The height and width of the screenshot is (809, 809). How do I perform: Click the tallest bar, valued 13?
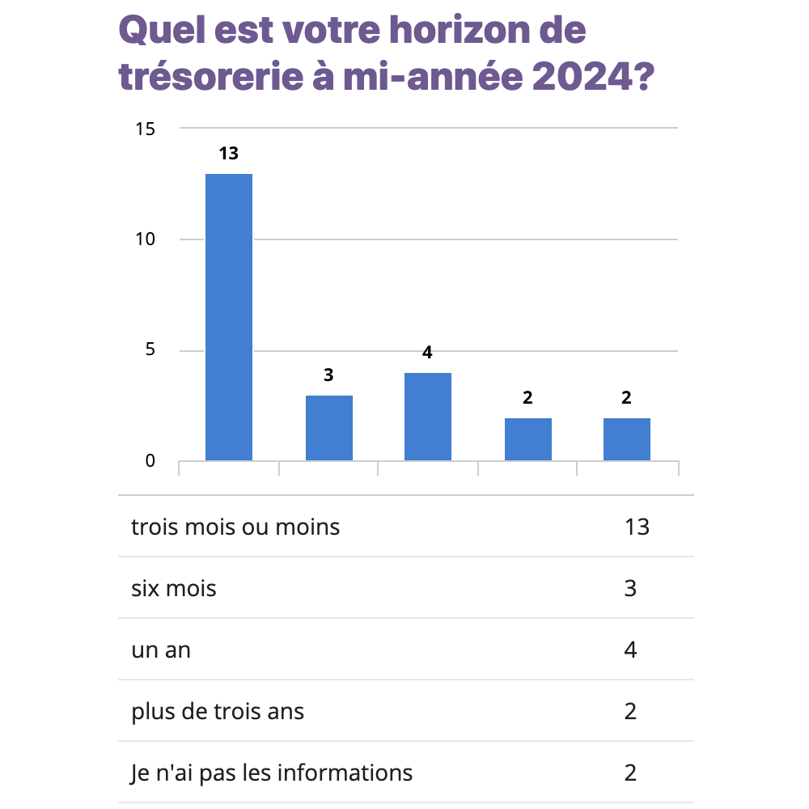pos(229,317)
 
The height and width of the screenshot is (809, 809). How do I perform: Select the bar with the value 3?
pos(328,428)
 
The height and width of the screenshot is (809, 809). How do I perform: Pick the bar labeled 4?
pos(428,417)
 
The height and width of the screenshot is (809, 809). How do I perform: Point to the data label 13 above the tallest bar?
pos(229,153)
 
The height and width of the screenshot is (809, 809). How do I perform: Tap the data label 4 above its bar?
pos(428,353)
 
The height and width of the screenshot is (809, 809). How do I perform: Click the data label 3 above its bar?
pos(328,375)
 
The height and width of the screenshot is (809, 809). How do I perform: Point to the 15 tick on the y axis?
pos(146,129)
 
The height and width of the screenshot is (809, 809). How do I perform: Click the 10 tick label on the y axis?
pos(146,239)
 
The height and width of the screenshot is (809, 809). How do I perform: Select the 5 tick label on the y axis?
pos(150,350)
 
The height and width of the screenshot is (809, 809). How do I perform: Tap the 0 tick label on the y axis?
pos(150,461)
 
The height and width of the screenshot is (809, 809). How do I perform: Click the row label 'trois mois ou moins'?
pos(235,527)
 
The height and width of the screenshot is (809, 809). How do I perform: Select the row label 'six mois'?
pos(174,588)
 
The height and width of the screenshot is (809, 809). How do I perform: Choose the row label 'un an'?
pos(161,650)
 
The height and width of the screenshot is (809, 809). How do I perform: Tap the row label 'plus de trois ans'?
pos(218,711)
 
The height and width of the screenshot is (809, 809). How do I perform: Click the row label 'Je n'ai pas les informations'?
pos(272,773)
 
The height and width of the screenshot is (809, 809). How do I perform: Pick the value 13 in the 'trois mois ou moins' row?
pos(637,527)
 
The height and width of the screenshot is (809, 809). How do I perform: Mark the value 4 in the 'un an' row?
pos(631,650)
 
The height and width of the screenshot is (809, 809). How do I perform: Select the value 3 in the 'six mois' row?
pos(631,588)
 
